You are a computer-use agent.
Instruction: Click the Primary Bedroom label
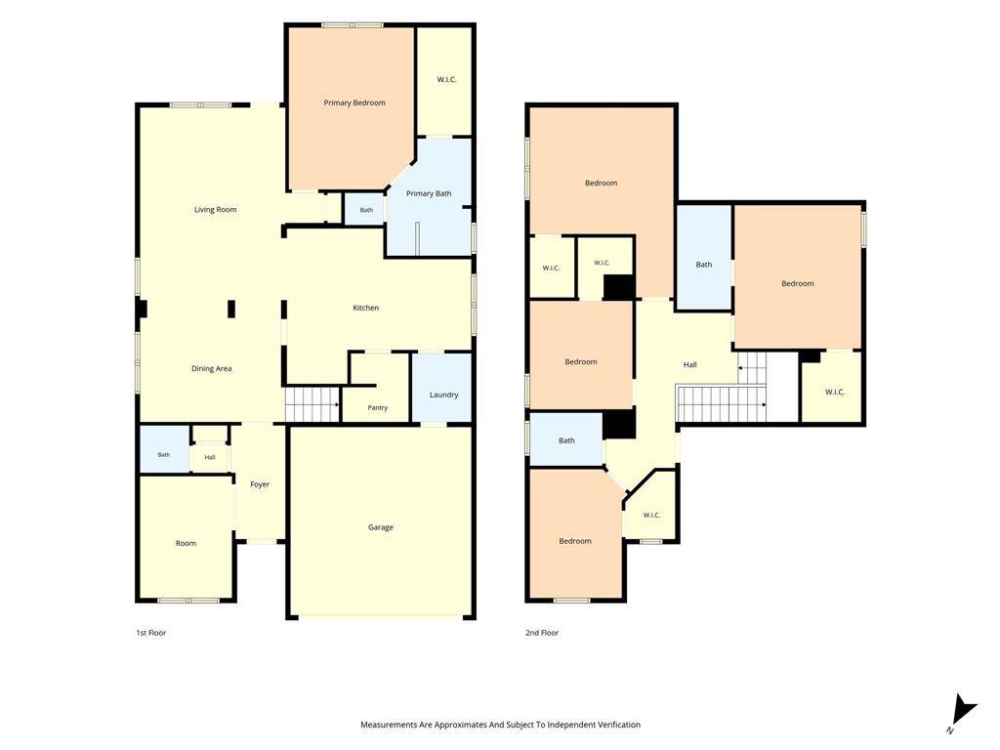pyautogui.click(x=354, y=103)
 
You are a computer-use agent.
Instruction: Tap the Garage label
pyautogui.click(x=380, y=527)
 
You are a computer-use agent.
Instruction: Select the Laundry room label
pyautogui.click(x=443, y=395)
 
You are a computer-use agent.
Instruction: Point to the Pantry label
pyautogui.click(x=378, y=407)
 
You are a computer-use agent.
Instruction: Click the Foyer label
pyautogui.click(x=260, y=484)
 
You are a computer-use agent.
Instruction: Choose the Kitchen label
pyautogui.click(x=366, y=308)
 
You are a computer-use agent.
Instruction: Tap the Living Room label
pyautogui.click(x=216, y=210)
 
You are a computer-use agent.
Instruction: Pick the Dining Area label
pyautogui.click(x=212, y=368)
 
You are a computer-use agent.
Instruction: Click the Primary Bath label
pyautogui.click(x=429, y=194)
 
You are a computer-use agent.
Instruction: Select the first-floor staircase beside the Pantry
pyautogui.click(x=312, y=404)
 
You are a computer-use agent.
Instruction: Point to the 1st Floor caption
pyautogui.click(x=151, y=633)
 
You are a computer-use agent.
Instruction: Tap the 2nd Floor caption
pyautogui.click(x=542, y=633)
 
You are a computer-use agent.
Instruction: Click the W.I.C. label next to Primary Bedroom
pyautogui.click(x=446, y=80)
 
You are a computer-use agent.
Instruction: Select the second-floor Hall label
pyautogui.click(x=690, y=365)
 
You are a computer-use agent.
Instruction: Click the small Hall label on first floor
pyautogui.click(x=210, y=457)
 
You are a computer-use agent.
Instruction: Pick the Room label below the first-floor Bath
pyautogui.click(x=186, y=543)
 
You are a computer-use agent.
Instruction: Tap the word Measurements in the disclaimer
pyautogui.click(x=389, y=725)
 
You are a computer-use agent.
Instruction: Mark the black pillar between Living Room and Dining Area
pyautogui.click(x=231, y=310)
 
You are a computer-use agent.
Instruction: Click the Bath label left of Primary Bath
pyautogui.click(x=366, y=210)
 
